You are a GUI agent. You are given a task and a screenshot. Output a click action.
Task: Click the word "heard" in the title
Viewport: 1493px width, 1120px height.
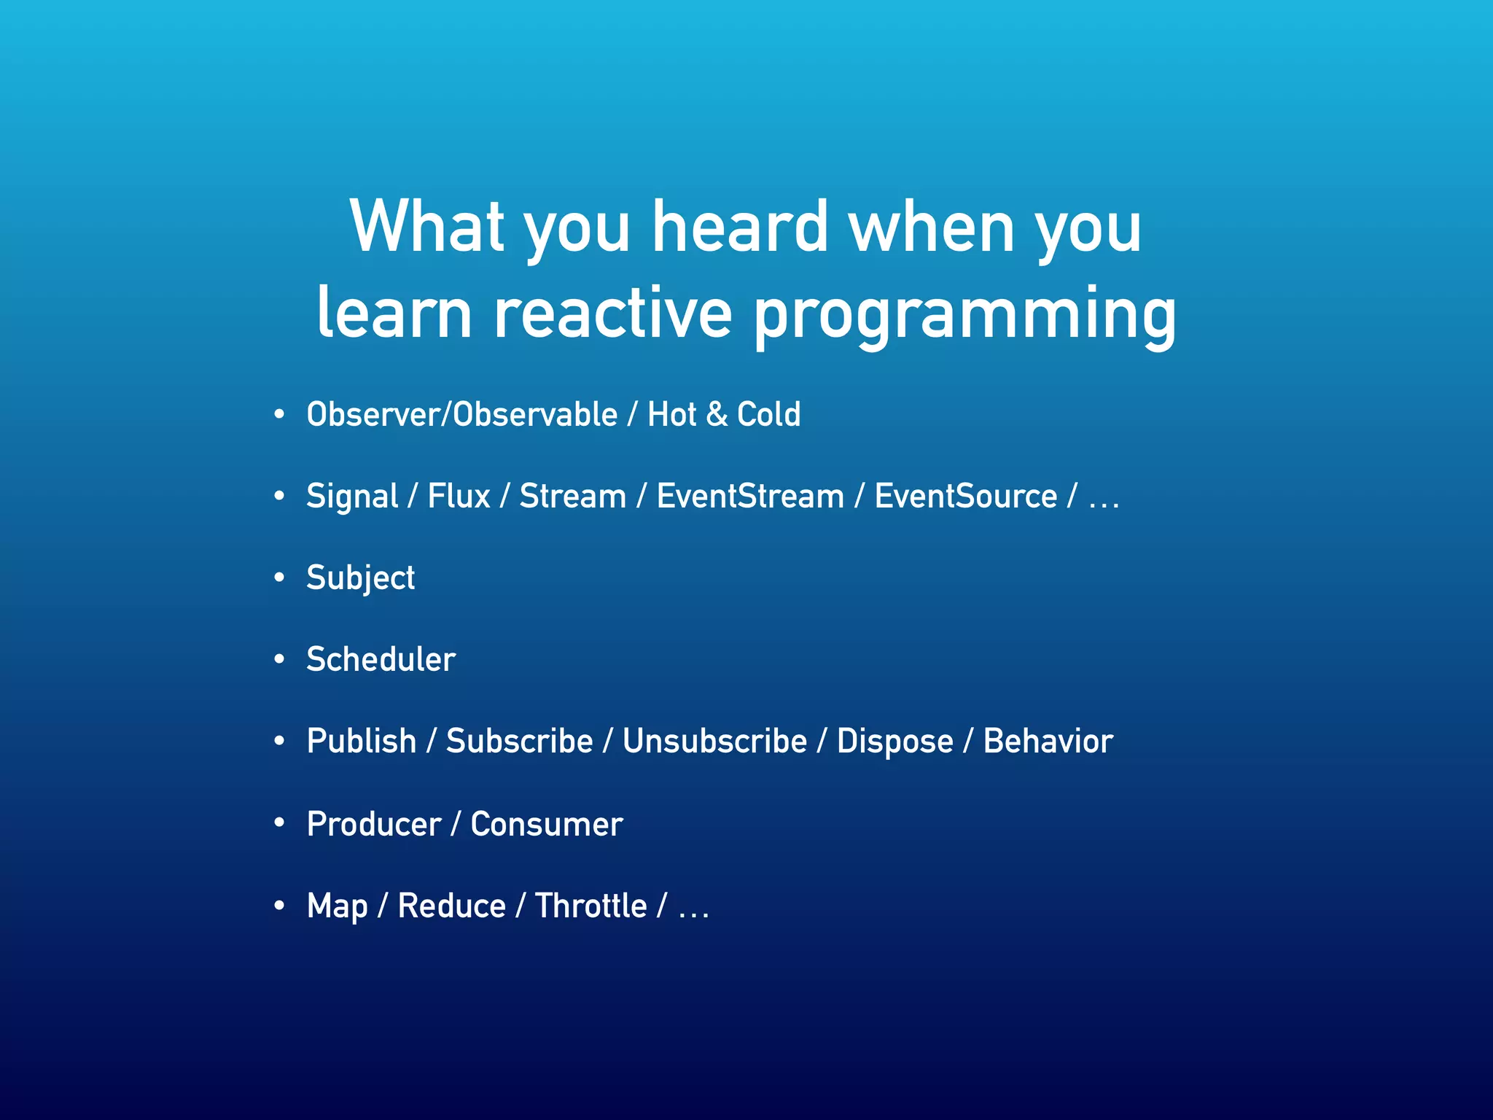click(x=739, y=227)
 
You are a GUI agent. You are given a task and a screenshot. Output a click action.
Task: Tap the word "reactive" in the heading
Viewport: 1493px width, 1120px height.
click(x=612, y=314)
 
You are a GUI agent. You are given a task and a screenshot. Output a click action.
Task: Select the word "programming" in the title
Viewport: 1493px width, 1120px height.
click(x=964, y=315)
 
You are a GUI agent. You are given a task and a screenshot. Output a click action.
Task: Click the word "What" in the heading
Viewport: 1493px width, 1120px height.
click(x=427, y=227)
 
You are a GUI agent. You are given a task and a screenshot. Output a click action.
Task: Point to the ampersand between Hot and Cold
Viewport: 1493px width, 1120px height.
click(x=717, y=414)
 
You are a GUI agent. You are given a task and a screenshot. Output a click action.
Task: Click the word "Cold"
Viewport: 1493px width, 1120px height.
click(x=768, y=414)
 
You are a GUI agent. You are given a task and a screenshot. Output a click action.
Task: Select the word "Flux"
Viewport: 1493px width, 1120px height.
click(x=459, y=496)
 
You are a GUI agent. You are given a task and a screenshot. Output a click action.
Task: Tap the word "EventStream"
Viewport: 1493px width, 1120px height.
click(x=750, y=496)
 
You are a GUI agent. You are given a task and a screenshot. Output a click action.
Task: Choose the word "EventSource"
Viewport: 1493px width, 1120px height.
click(x=965, y=496)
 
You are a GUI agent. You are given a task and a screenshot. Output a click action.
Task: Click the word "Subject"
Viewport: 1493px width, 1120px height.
click(x=360, y=578)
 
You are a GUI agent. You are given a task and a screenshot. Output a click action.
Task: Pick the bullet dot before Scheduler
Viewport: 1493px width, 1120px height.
click(x=279, y=659)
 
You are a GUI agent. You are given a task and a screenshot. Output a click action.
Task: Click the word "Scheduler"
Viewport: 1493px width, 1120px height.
click(x=381, y=659)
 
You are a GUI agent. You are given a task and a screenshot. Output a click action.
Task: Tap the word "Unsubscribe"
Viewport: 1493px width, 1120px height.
click(x=714, y=741)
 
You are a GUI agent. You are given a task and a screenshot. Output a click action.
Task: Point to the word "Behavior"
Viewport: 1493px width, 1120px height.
click(x=1048, y=741)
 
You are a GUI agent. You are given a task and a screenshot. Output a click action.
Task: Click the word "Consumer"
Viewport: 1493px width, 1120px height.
click(x=546, y=824)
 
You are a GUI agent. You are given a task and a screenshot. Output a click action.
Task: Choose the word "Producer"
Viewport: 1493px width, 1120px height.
click(x=374, y=824)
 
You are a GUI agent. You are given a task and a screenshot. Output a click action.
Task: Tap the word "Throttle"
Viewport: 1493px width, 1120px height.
click(x=590, y=906)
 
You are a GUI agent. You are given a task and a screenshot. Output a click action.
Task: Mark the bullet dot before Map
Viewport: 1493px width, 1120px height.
click(x=279, y=906)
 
